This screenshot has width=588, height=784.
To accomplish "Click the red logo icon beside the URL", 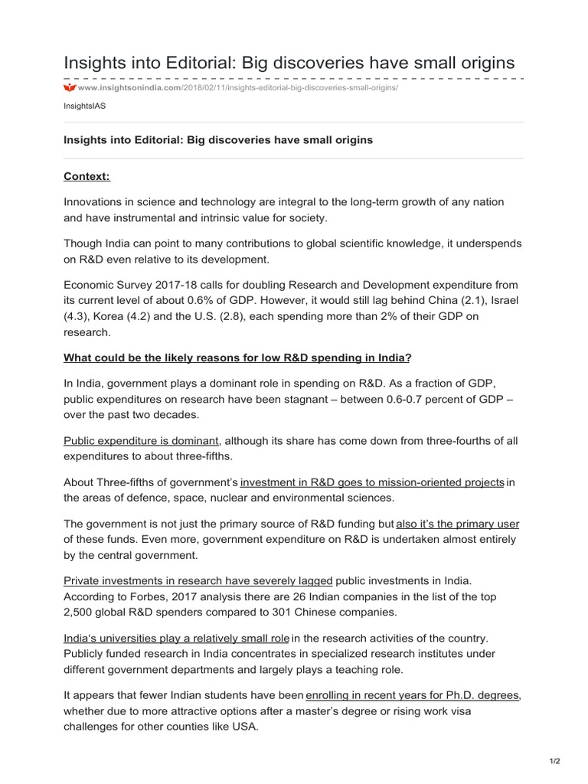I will pos(69,88).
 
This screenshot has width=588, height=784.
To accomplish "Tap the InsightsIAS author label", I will pos(84,106).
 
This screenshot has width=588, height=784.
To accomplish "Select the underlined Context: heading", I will pos(87,177).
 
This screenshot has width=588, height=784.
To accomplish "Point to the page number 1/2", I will pos(554,761).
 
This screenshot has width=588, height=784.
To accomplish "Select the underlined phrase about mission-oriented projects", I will pos(372,482).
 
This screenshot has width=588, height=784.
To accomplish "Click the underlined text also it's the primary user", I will pos(457,524).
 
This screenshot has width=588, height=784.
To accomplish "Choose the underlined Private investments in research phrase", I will pos(198,581).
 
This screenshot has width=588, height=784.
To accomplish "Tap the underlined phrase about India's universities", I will pos(176,638).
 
